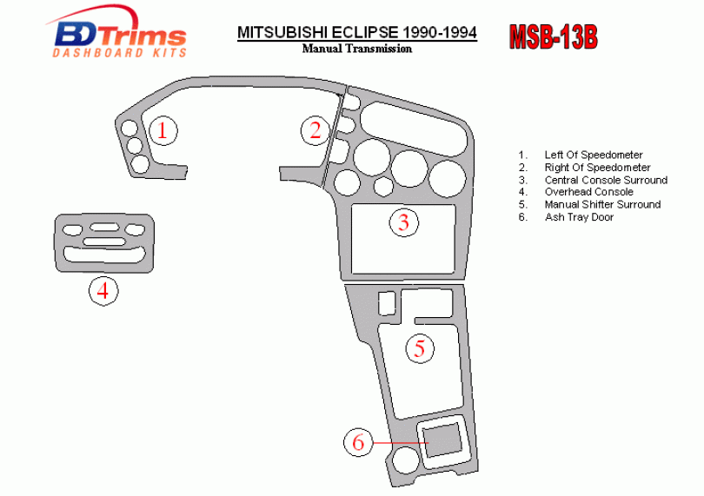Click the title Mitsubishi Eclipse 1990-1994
click(356, 33)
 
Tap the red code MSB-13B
click(552, 37)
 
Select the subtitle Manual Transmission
click(356, 49)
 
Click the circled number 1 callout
click(162, 130)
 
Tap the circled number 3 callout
click(403, 222)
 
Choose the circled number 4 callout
click(103, 290)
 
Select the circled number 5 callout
click(419, 349)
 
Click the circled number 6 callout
click(357, 442)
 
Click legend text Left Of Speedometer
click(594, 155)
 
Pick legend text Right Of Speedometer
click(597, 168)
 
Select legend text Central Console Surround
click(606, 180)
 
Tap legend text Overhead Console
click(588, 192)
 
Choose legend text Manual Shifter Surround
click(602, 204)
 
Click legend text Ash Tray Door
click(579, 217)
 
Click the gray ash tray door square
click(441, 440)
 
